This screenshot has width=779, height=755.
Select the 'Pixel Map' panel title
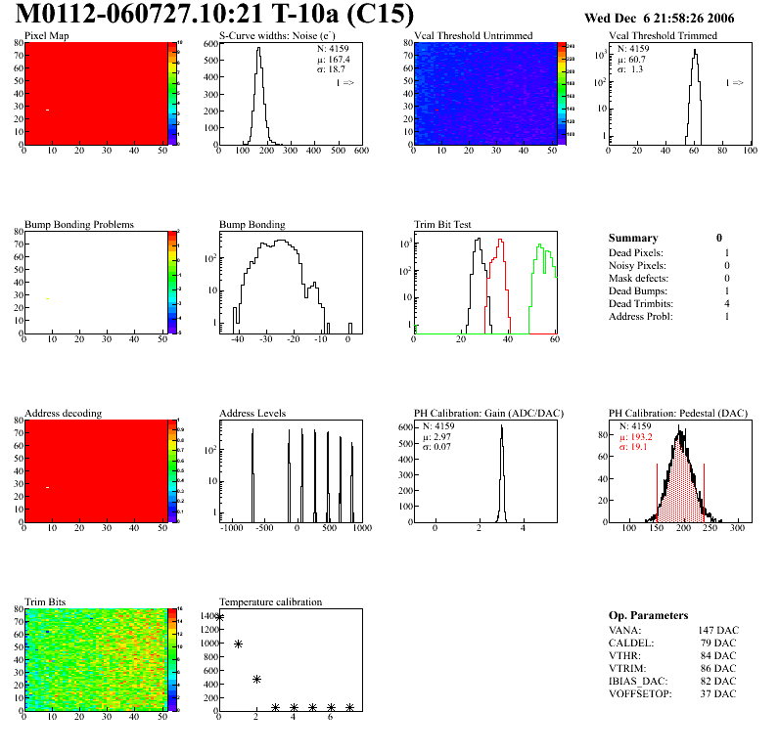coord(46,36)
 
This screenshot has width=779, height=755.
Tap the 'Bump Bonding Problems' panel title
coord(79,224)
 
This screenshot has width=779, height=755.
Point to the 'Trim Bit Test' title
coord(443,224)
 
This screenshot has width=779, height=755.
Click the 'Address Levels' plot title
coord(252,413)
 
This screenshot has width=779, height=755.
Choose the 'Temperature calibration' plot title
coord(270,601)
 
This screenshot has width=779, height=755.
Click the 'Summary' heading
coord(633,238)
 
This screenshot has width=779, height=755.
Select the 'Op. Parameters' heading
coord(648,615)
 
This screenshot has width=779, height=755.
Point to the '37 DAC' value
coord(717,693)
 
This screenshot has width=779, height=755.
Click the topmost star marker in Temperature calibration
coord(219,616)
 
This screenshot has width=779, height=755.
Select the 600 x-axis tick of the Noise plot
coord(360,151)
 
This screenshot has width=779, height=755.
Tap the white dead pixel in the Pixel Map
coord(47,110)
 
